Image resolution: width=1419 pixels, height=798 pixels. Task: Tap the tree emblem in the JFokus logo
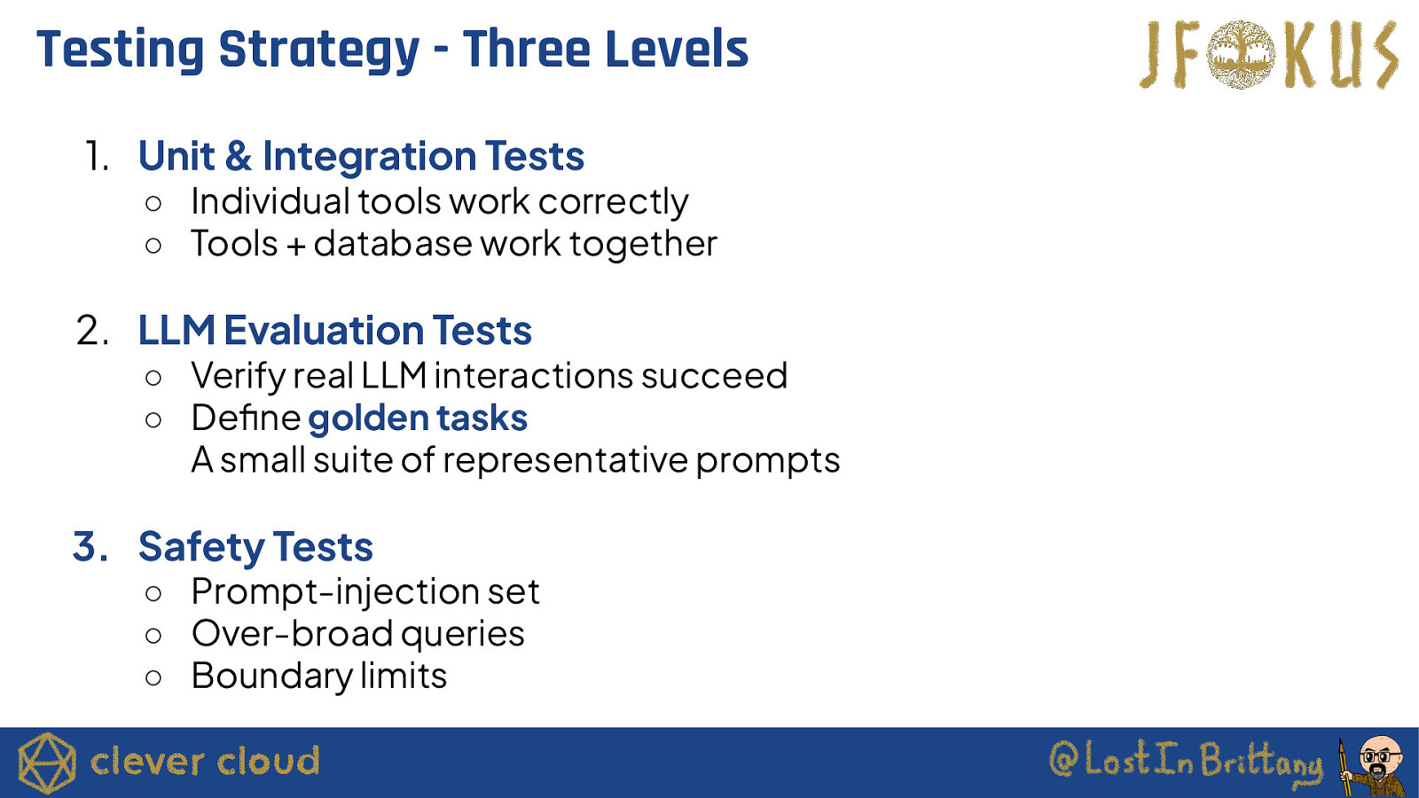pos(1241,54)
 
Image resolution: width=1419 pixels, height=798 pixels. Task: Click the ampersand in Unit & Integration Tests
pos(239,156)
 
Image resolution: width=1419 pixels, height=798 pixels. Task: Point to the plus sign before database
pos(296,246)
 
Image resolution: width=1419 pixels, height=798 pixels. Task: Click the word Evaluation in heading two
pos(324,331)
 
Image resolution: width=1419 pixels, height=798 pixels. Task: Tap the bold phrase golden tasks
pos(418,418)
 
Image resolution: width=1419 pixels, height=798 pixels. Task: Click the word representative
pos(565,460)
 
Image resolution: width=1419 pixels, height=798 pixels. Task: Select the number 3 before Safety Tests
pos(88,546)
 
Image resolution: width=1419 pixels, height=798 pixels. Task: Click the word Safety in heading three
pos(202,547)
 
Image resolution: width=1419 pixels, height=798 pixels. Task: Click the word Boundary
pos(271,677)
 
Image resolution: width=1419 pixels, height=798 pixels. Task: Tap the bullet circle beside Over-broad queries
pos(153,635)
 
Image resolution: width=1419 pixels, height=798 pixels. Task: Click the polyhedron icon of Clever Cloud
pos(47,763)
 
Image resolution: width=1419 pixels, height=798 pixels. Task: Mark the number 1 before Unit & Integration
pos(97,156)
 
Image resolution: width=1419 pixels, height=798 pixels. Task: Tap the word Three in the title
pos(527,50)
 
